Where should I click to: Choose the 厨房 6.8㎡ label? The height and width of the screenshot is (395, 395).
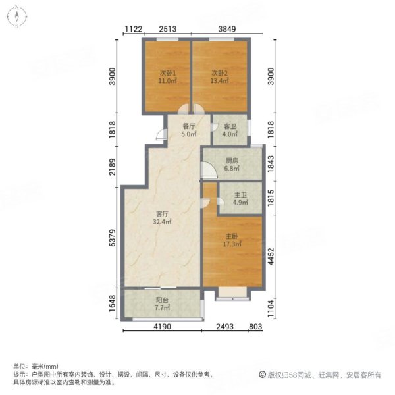(x=230, y=164)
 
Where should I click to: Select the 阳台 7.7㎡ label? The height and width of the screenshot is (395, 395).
(x=162, y=303)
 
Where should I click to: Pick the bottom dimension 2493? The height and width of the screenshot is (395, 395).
(x=226, y=327)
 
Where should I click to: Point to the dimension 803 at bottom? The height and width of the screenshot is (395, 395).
(x=256, y=327)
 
